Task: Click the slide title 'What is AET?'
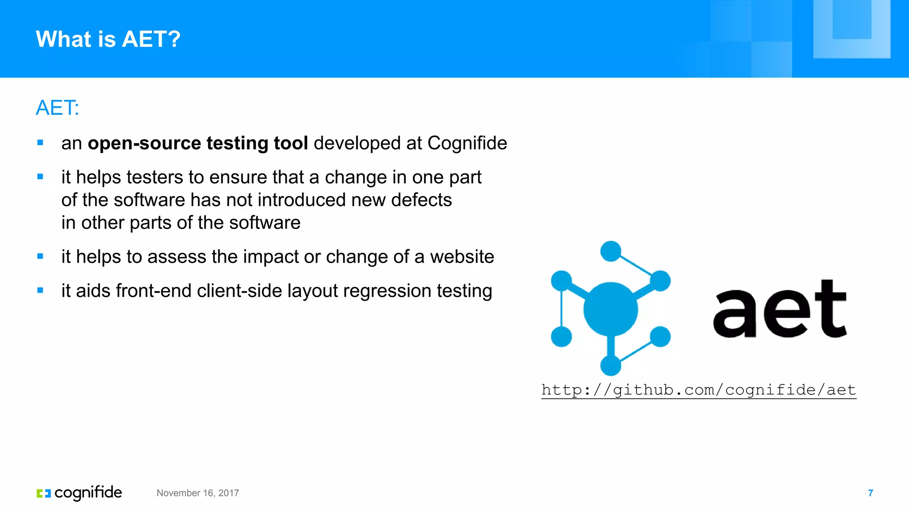108,39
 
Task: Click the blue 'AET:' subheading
57,108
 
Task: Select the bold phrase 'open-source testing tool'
198,143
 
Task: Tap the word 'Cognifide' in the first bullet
467,143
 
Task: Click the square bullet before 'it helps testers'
40,177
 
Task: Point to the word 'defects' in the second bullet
421,200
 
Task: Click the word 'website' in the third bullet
462,257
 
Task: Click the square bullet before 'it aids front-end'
40,291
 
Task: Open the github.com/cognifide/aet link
698,390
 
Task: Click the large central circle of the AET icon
610,309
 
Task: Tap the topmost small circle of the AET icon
610,251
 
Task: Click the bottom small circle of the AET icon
610,366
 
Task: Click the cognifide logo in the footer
79,493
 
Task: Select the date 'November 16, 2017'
198,493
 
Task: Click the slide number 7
870,493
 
